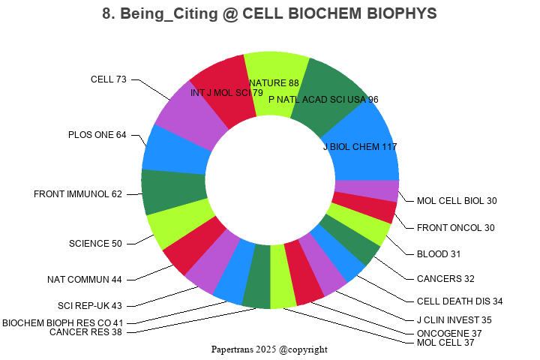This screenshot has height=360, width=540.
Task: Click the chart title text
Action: point(269,14)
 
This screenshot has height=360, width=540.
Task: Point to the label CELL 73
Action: point(109,79)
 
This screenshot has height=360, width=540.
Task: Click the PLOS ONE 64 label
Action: point(97,135)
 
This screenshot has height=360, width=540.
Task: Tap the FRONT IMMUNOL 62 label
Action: point(78,194)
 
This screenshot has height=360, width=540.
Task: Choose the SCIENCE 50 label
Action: point(95,244)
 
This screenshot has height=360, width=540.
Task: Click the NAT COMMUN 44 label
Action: point(84,280)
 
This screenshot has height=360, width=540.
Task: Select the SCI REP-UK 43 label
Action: point(90,306)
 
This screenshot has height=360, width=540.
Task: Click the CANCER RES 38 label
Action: point(85,332)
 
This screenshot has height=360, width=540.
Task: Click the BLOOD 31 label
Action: point(439,253)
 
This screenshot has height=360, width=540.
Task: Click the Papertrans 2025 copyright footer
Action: point(269,349)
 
